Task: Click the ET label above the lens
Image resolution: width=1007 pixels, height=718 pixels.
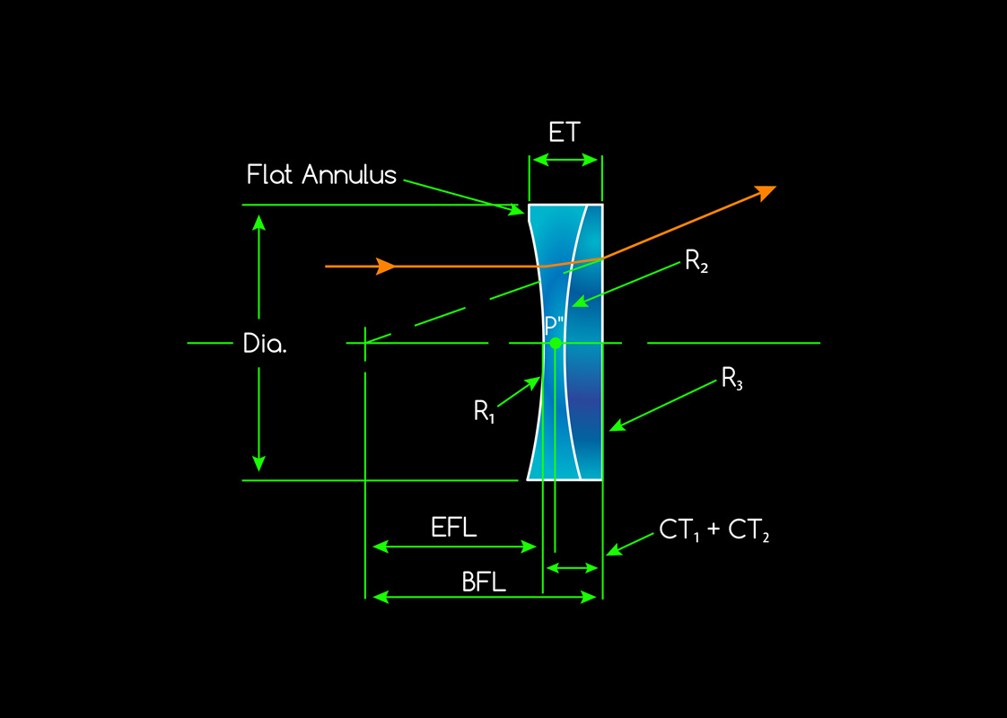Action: pyautogui.click(x=565, y=133)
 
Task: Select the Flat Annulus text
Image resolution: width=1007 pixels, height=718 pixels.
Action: pyautogui.click(x=321, y=174)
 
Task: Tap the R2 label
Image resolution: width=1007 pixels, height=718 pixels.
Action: pyautogui.click(x=696, y=261)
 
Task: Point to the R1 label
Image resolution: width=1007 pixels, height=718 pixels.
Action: pyautogui.click(x=486, y=411)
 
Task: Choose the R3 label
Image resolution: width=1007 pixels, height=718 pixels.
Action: pyautogui.click(x=732, y=380)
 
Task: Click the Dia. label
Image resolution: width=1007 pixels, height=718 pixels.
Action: pyautogui.click(x=265, y=344)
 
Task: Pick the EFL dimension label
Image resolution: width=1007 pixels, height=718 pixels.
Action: pyautogui.click(x=453, y=528)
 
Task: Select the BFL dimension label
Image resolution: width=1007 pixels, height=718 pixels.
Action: pyautogui.click(x=484, y=582)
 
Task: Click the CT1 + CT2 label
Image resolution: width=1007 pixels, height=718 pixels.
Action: pyautogui.click(x=714, y=530)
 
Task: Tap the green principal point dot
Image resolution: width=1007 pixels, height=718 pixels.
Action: pyautogui.click(x=556, y=343)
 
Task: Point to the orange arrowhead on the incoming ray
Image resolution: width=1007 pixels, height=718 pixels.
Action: pyautogui.click(x=386, y=267)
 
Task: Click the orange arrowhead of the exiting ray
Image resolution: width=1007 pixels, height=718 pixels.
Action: pyautogui.click(x=766, y=191)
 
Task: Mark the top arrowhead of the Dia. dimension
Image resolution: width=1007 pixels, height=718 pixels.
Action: pyautogui.click(x=259, y=222)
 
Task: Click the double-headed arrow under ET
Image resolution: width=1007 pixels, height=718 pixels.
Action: pyautogui.click(x=565, y=160)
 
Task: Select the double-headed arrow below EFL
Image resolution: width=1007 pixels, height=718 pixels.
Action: pyautogui.click(x=454, y=546)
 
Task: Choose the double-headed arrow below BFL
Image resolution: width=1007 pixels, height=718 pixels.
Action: pyautogui.click(x=485, y=597)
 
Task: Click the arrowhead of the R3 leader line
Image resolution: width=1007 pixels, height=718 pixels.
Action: pyautogui.click(x=616, y=425)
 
